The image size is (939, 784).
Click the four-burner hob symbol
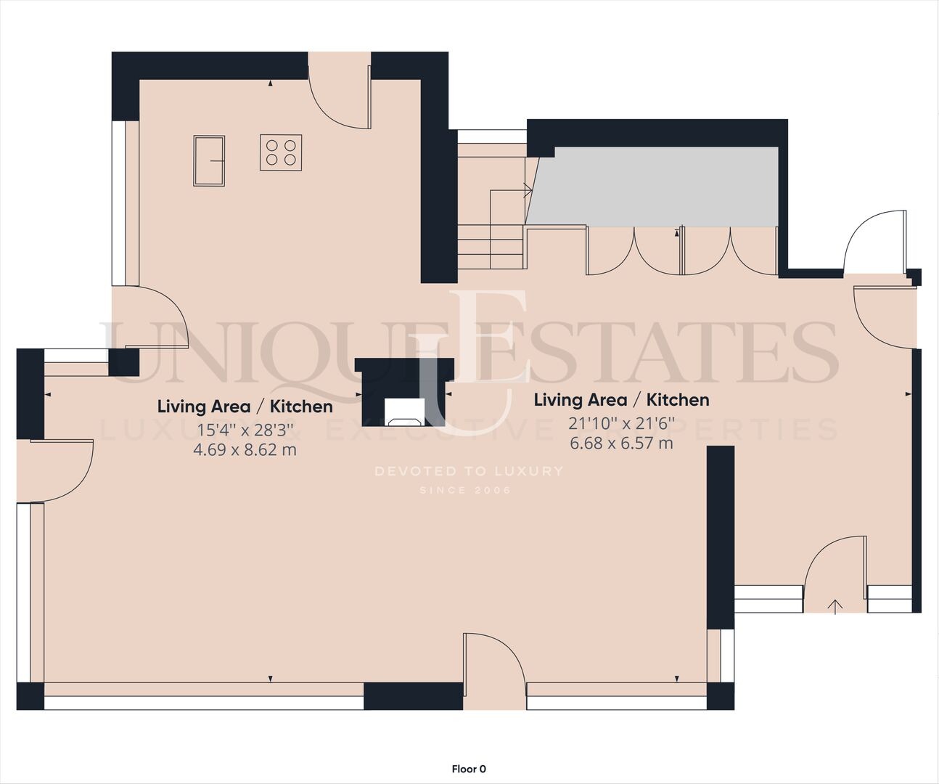[x=281, y=152]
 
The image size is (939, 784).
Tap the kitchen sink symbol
[x=209, y=160]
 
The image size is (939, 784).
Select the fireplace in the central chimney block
[x=405, y=413]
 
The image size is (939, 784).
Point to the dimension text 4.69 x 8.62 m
[x=245, y=449]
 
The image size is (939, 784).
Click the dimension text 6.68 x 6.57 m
[x=621, y=444]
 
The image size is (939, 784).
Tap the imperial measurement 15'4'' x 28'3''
[x=245, y=430]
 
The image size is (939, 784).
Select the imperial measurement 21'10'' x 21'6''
[x=621, y=424]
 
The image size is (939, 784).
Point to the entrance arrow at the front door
[x=835, y=606]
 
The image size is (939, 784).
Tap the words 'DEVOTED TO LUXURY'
[x=469, y=471]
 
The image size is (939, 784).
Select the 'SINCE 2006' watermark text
[x=465, y=490]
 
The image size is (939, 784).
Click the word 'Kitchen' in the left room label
[x=301, y=407]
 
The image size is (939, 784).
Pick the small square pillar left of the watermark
[x=124, y=362]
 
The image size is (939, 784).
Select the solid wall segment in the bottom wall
[x=414, y=696]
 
